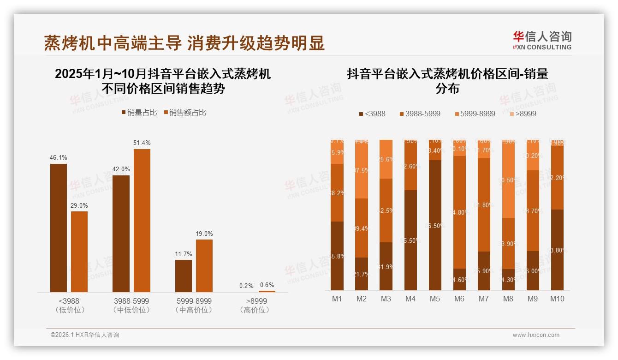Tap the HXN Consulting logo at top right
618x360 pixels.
point(542,41)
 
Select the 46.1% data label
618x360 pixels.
point(58,158)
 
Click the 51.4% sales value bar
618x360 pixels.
point(142,220)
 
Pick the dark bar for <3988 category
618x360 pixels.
point(59,228)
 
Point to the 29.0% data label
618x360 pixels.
point(79,205)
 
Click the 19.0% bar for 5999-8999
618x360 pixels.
point(204,265)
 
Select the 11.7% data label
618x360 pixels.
point(184,254)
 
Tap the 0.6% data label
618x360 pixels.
point(267,285)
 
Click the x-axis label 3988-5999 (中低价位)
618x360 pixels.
point(131,305)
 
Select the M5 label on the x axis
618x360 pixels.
point(434,299)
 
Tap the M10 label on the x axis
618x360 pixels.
point(557,299)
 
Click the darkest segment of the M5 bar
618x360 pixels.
point(434,225)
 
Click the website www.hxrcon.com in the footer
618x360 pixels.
point(536,335)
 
